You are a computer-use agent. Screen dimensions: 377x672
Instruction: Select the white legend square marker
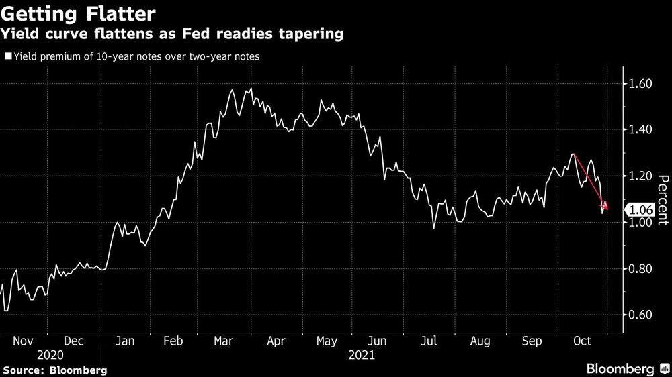tap(7, 57)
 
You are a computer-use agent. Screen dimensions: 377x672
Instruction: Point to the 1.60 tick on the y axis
tap(641, 84)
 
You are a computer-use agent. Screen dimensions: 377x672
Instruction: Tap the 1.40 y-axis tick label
tap(641, 129)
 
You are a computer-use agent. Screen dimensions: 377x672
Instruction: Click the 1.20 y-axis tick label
tap(641, 176)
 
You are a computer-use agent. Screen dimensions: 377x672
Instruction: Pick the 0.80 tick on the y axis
tap(641, 269)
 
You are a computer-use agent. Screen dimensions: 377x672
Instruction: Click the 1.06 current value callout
tap(640, 210)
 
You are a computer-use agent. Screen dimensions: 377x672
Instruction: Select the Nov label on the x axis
tap(24, 341)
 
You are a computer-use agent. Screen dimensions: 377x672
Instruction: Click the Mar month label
tap(224, 341)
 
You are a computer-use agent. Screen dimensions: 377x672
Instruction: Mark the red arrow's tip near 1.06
tap(607, 210)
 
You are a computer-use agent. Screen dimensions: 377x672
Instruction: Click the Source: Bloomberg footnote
tap(54, 370)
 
